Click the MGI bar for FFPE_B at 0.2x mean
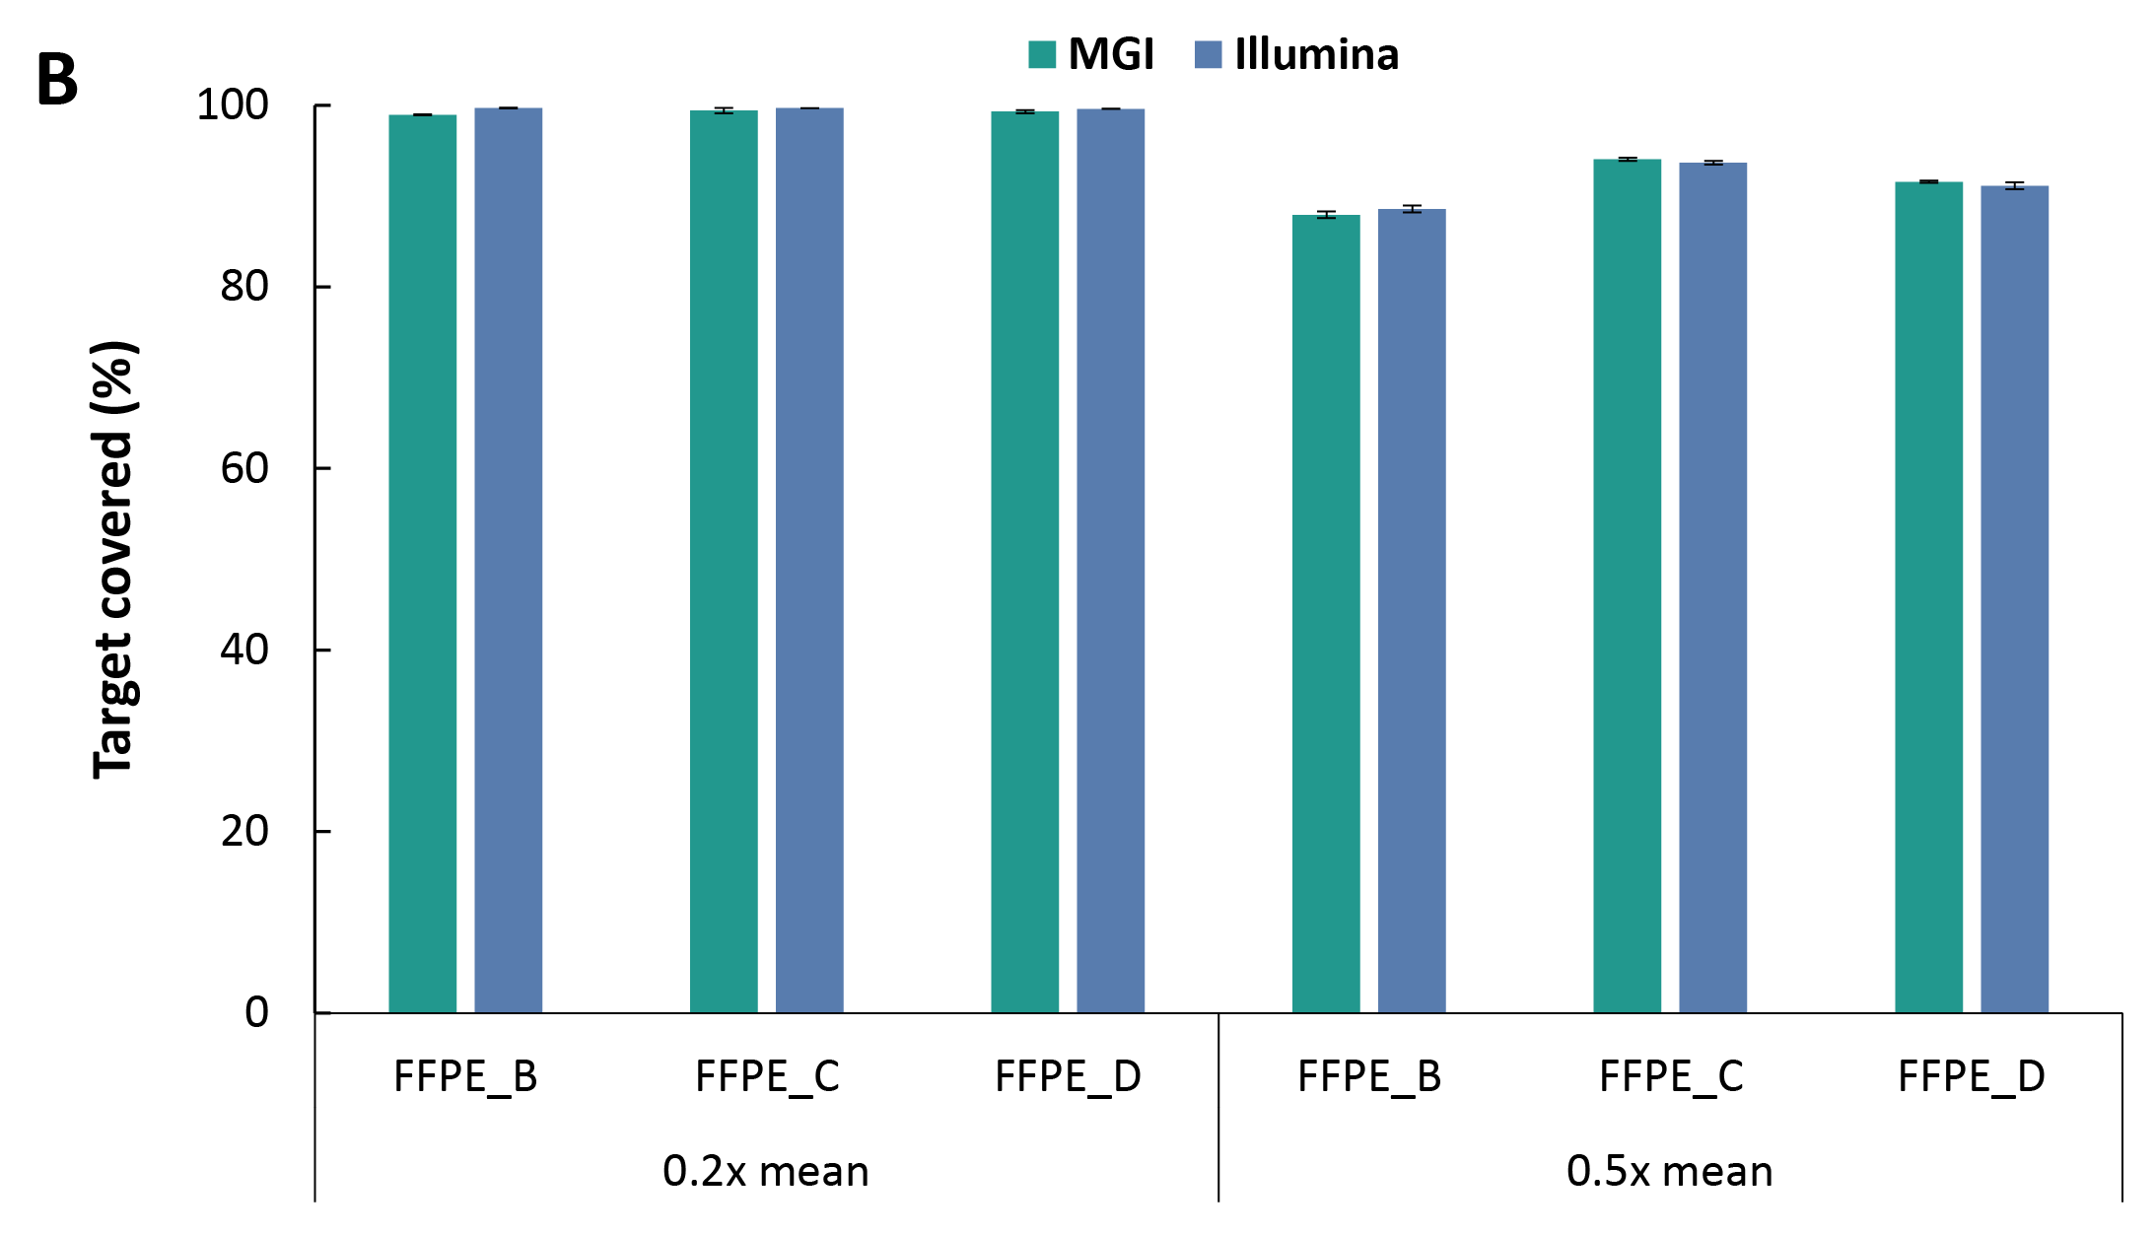[422, 563]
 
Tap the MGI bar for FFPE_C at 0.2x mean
[724, 561]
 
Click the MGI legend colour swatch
[1041, 54]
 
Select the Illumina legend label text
[1316, 54]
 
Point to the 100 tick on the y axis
[233, 104]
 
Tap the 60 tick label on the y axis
[244, 468]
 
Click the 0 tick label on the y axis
[256, 1012]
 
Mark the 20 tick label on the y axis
[244, 831]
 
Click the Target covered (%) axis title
[113, 559]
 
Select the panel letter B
[56, 79]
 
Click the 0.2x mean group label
[766, 1171]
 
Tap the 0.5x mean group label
[1669, 1171]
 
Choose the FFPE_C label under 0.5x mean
[1671, 1076]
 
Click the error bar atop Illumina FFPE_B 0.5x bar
[1412, 209]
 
